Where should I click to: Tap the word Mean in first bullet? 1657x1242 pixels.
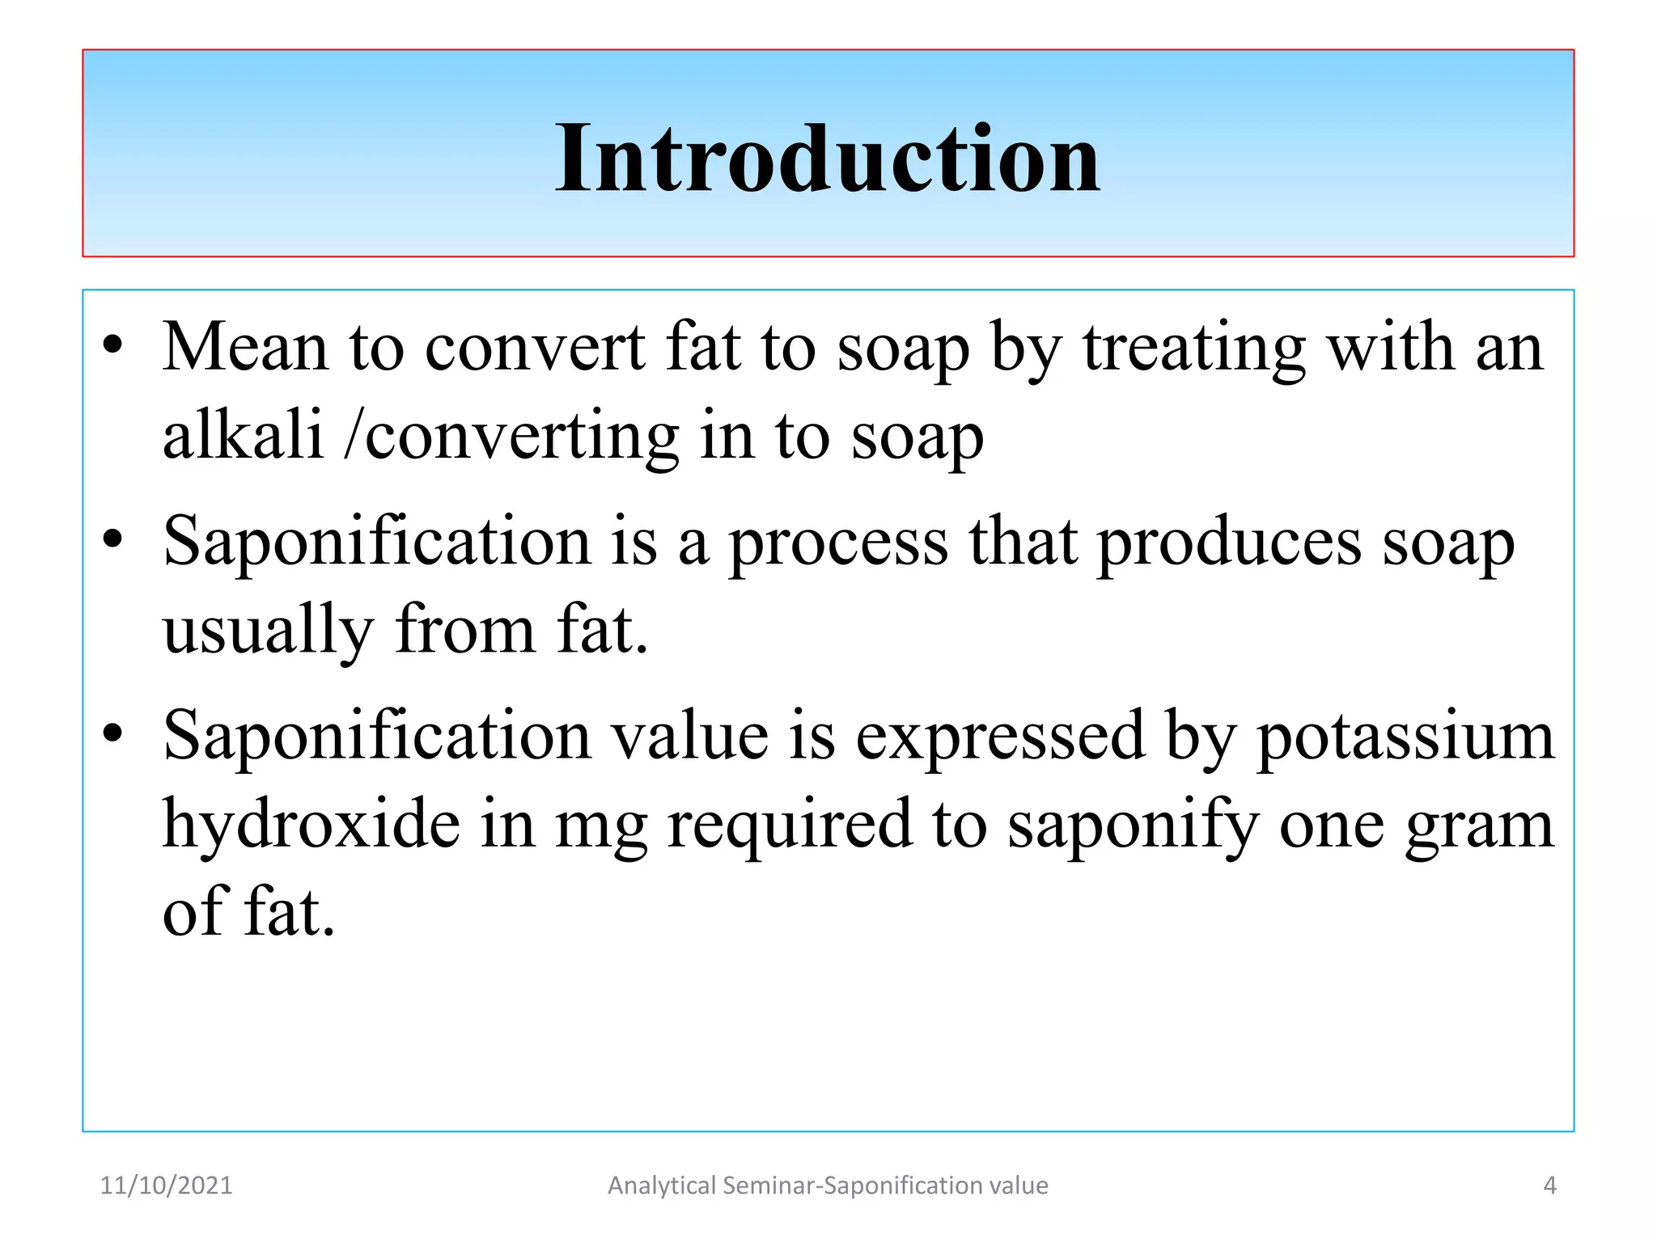pyautogui.click(x=245, y=348)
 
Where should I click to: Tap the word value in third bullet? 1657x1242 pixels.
pyautogui.click(x=689, y=736)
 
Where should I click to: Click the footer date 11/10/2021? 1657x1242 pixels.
pyautogui.click(x=166, y=1185)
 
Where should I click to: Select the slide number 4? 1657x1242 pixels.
pyautogui.click(x=1549, y=1185)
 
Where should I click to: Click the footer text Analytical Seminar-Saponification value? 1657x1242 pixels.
pyautogui.click(x=828, y=1185)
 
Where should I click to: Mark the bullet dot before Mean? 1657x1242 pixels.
pyautogui.click(x=112, y=345)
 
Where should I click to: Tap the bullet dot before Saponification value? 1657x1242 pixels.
pyautogui.click(x=112, y=733)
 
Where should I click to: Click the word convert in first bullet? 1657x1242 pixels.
pyautogui.click(x=535, y=348)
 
